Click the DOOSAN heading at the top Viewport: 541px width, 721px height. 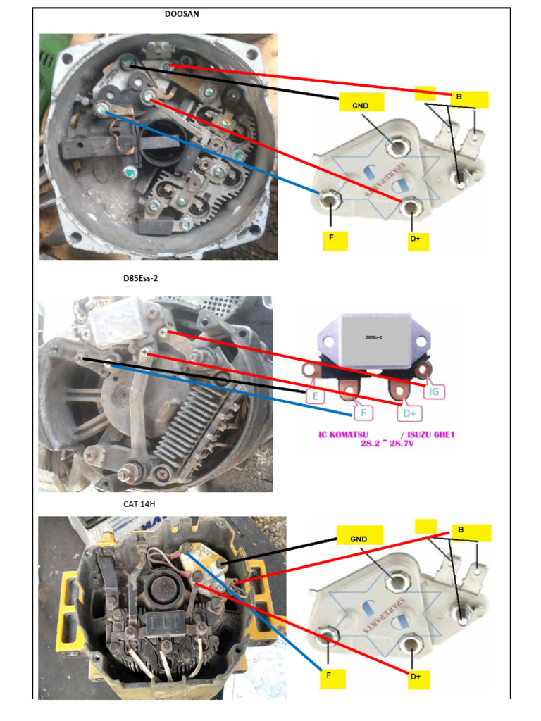pos(182,14)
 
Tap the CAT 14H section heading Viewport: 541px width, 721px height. pos(139,504)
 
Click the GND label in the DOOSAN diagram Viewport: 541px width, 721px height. pos(361,103)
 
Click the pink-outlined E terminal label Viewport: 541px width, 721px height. pos(315,396)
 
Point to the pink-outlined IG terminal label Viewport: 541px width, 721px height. pos(435,389)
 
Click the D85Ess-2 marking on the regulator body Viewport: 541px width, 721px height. pos(373,338)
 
